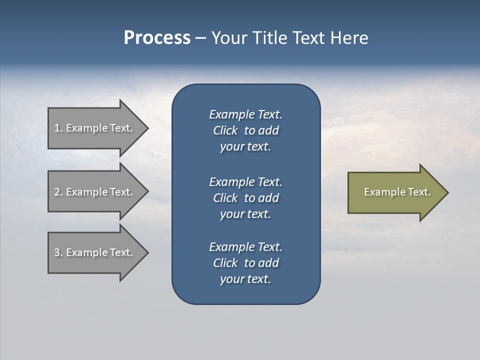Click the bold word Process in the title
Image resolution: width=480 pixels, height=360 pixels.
[x=157, y=38]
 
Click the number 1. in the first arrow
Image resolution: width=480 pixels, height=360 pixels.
[x=58, y=128]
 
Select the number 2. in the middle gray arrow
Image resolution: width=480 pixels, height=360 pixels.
[x=58, y=192]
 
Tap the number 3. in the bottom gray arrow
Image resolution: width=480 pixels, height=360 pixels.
[x=58, y=252]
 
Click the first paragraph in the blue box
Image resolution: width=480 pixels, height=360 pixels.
[x=245, y=130]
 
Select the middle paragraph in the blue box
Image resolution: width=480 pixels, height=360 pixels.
[x=245, y=197]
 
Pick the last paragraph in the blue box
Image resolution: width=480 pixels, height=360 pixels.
[x=245, y=263]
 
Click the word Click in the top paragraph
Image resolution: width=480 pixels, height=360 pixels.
[x=225, y=130]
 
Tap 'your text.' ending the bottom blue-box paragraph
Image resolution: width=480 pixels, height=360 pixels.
[x=245, y=279]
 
